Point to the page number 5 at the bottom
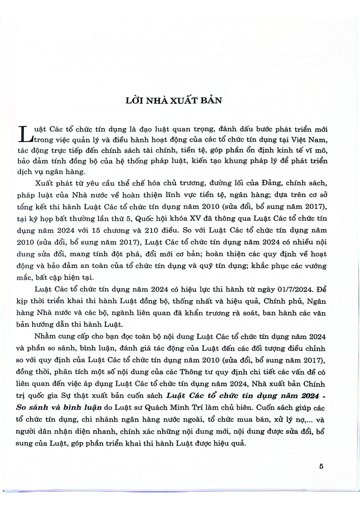(321, 466)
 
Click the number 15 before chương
(95, 230)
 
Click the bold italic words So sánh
(32, 407)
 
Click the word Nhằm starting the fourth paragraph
(45, 336)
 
